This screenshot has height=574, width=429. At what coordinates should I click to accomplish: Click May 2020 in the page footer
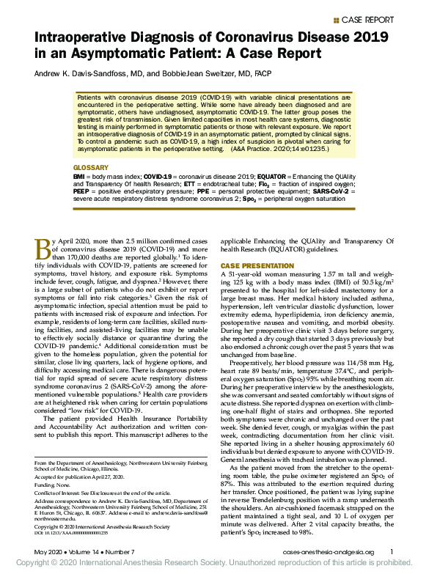point(48,551)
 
